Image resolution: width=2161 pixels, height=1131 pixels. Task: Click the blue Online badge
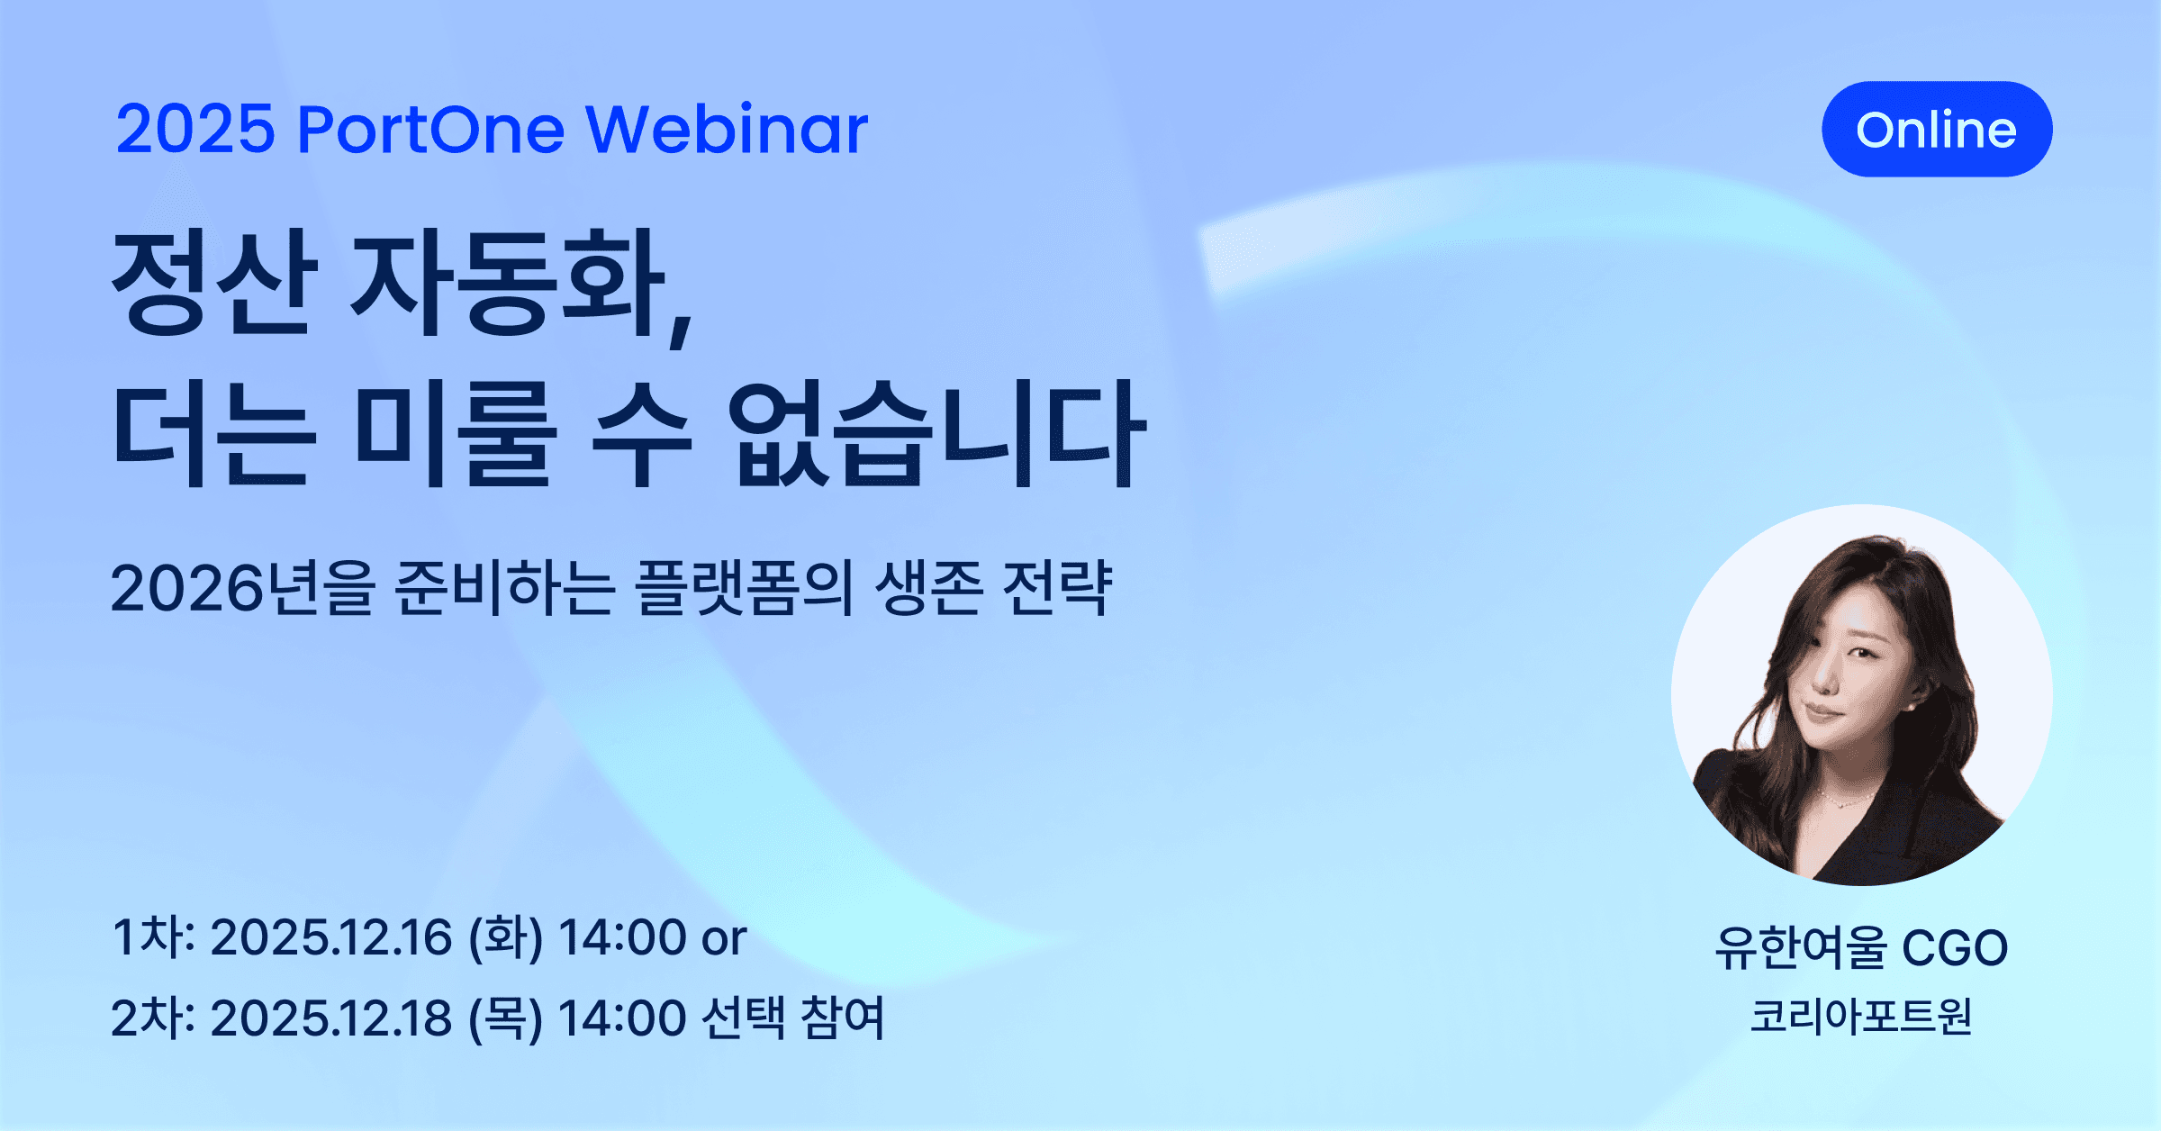point(1936,130)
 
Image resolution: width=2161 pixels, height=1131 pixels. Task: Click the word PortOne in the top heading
point(430,130)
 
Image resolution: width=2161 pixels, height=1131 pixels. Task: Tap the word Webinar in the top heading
point(727,130)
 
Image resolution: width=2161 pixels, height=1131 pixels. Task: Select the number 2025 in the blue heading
point(195,130)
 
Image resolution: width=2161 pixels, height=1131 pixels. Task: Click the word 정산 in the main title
point(214,283)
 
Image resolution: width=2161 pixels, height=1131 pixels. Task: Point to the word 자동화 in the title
point(509,283)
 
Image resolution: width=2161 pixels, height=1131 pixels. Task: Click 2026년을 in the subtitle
point(242,589)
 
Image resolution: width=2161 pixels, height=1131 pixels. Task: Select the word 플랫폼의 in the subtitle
point(744,589)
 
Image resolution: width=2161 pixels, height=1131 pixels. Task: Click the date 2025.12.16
point(330,938)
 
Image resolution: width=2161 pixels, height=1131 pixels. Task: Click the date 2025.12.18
point(330,1018)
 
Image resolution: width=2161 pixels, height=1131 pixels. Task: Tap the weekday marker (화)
point(505,938)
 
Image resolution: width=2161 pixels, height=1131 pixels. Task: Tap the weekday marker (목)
point(505,1018)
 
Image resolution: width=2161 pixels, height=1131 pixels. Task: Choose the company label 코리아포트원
point(1860,1017)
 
